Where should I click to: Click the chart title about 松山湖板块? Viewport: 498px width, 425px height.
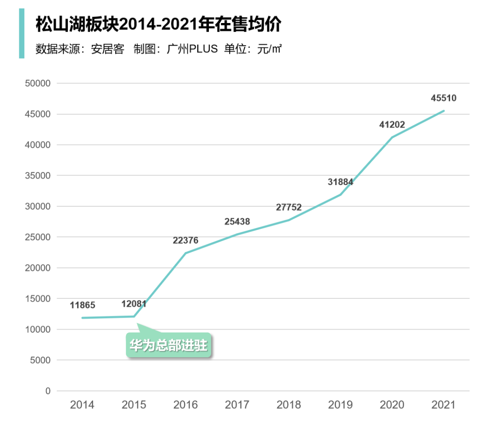pos(158,24)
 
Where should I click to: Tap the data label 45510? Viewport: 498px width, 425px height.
pos(444,98)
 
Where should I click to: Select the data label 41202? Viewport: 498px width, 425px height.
pos(392,124)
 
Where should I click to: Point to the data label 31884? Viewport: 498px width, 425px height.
pos(340,182)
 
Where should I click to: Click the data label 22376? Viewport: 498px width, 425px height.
pos(185,240)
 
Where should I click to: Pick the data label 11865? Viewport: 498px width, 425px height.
pos(83,305)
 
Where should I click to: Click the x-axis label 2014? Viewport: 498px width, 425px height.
pos(82,405)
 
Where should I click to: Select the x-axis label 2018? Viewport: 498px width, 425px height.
pos(289,405)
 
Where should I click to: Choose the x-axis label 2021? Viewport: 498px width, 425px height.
pos(444,405)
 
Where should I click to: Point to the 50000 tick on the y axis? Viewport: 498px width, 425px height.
pos(37,83)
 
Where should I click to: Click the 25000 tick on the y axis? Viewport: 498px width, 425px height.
pos(37,237)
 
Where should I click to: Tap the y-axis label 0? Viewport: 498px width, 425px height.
pos(47,391)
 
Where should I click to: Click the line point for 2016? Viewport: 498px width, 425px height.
pos(185,253)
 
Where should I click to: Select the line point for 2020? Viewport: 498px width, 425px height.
pos(392,137)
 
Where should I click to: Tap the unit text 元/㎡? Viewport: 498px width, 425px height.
pos(269,49)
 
